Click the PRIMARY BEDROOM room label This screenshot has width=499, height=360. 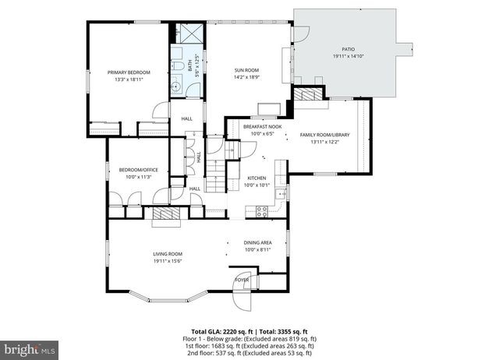[129, 72]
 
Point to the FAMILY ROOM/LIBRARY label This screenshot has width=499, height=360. [325, 135]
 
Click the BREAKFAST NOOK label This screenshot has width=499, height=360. [262, 126]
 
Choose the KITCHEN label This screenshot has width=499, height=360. [257, 178]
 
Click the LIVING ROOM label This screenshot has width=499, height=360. [168, 254]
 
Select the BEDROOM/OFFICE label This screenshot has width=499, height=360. [134, 170]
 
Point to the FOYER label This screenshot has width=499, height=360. [242, 279]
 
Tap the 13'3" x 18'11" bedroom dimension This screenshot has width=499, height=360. [129, 79]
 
